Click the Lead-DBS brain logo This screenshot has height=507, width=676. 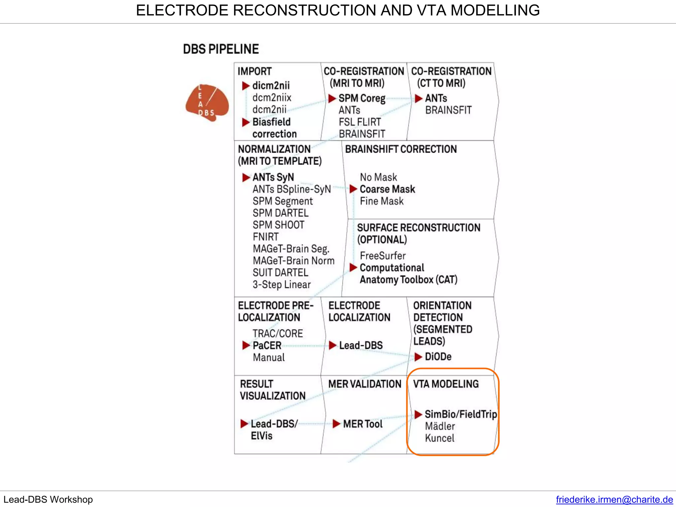(207, 103)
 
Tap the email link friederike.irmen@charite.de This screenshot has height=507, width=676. (614, 499)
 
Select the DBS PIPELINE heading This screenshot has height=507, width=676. (221, 49)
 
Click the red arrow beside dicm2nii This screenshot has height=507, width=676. (246, 86)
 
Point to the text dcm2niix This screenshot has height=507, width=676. (272, 98)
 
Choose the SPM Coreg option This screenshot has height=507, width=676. (362, 98)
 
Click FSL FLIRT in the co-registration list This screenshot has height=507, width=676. (359, 122)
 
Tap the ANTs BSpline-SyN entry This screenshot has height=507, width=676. (291, 189)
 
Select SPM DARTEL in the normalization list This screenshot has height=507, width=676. (280, 213)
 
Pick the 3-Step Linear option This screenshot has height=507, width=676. (282, 285)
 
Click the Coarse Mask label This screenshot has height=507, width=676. (387, 189)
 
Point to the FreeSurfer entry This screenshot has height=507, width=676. (383, 255)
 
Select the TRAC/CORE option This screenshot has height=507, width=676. (278, 333)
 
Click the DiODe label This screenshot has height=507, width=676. (438, 356)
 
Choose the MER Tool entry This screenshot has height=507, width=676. (362, 424)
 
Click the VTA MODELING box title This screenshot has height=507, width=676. (446, 384)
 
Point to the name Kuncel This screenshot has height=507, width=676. (439, 438)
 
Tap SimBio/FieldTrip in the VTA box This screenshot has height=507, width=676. (460, 414)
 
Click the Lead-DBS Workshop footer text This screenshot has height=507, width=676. (48, 499)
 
